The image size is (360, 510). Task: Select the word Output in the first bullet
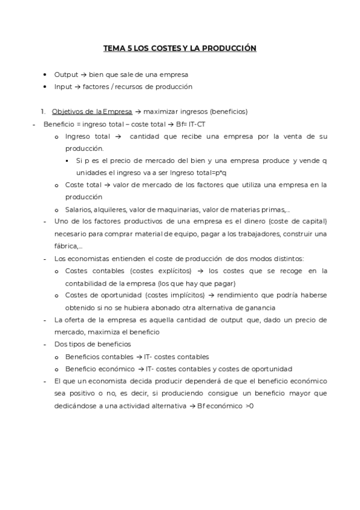[x=66, y=75]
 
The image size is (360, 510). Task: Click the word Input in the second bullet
[x=63, y=86]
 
